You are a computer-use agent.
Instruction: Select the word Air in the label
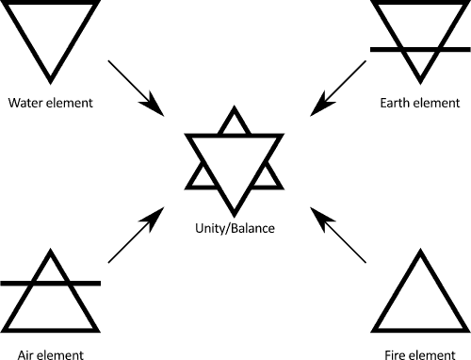(x=20, y=355)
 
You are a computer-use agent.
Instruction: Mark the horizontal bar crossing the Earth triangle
(x=415, y=47)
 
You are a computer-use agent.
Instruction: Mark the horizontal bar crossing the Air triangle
(x=52, y=282)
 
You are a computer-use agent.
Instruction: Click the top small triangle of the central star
(x=233, y=123)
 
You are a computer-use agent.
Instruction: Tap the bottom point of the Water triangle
(x=52, y=78)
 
